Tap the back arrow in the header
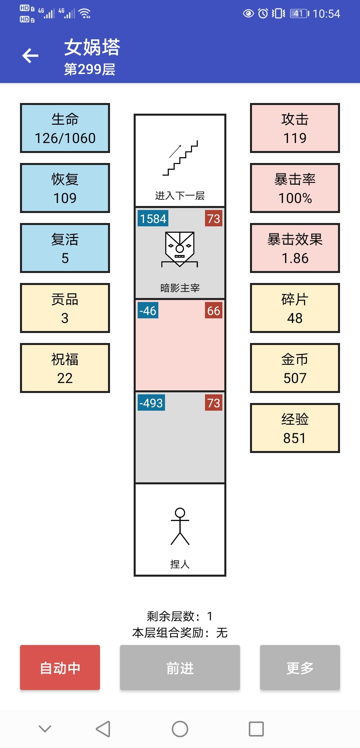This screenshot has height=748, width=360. point(30,56)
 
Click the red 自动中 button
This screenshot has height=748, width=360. point(60,667)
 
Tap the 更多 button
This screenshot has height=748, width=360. point(300,667)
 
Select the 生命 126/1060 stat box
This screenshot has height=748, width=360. point(65,128)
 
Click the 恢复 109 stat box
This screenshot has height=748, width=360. point(65,188)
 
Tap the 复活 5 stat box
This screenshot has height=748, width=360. point(65,248)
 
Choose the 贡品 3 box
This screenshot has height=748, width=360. point(65,308)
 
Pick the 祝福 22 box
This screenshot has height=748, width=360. point(65,368)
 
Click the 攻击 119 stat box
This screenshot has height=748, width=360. point(295,128)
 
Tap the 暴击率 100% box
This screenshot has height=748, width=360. point(295,188)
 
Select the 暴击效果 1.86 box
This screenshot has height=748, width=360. point(295,248)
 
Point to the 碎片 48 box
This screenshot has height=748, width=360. point(295,308)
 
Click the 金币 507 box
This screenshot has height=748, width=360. point(295,368)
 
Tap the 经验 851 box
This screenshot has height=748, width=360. point(295,428)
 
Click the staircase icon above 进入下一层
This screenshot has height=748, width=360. point(180,158)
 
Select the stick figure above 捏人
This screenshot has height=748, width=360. point(180,526)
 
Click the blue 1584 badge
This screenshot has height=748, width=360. point(153,218)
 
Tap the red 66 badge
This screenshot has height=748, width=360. point(214,310)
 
